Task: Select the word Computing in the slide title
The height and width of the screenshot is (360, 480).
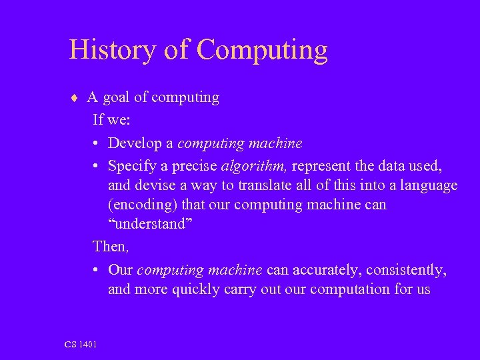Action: point(263,51)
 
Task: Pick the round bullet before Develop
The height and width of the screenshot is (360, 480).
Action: point(97,144)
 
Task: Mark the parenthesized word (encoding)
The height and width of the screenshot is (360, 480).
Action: point(143,204)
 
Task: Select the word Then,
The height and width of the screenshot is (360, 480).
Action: point(111,246)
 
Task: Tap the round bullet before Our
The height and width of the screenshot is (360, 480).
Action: point(97,270)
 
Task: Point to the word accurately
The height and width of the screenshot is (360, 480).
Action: point(324,270)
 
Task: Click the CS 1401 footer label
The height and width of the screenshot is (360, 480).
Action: point(81,344)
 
